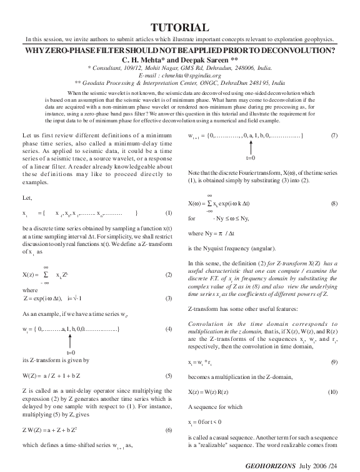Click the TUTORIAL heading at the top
(x=179, y=27)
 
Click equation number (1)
(x=168, y=213)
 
